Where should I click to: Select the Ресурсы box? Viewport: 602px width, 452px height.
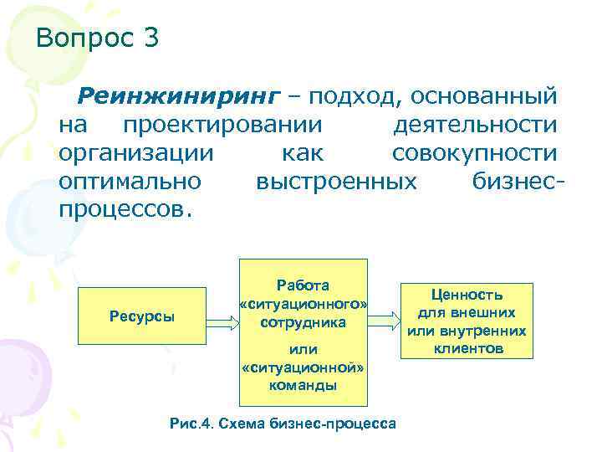coord(141,316)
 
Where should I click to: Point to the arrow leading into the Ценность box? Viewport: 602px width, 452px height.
coord(385,317)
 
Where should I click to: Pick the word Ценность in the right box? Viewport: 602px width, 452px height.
coord(467,295)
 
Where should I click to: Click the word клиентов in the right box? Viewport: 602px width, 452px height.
coord(467,347)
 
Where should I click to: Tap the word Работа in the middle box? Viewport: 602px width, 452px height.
coord(303,285)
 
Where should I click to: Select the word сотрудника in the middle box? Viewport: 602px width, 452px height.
coord(303,321)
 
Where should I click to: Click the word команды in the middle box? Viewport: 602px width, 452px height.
coord(303,385)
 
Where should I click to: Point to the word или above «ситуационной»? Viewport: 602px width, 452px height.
coord(303,348)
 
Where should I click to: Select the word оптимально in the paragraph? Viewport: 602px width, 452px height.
coord(130,181)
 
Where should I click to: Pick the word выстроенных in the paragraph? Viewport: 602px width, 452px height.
coord(336,181)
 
